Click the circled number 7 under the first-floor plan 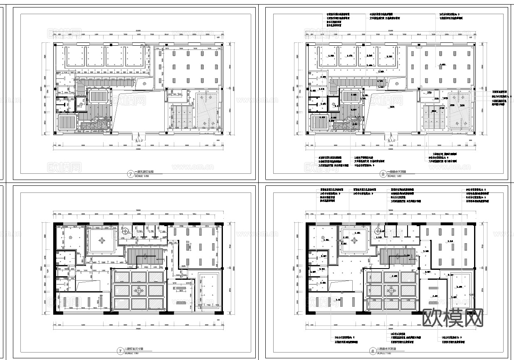pos(131,174)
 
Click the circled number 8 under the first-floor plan pos(383,174)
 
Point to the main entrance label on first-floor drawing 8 pos(391,141)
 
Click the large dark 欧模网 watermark pos(453,318)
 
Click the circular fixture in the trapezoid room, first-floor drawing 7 pos(144,84)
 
